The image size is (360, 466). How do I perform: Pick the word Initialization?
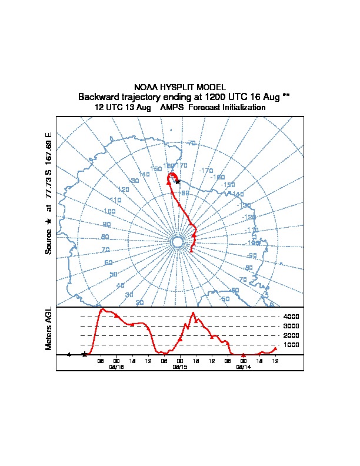[x=242, y=108]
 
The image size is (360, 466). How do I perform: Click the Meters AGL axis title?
[x=49, y=328]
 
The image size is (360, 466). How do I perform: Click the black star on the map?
[x=178, y=181]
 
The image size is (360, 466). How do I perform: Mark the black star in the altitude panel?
[x=85, y=354]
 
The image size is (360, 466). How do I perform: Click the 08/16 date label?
[x=116, y=366]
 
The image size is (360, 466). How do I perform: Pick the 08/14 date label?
[x=243, y=366]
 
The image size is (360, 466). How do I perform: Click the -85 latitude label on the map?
[x=184, y=193]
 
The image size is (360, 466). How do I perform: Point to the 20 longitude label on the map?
[x=139, y=302]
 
